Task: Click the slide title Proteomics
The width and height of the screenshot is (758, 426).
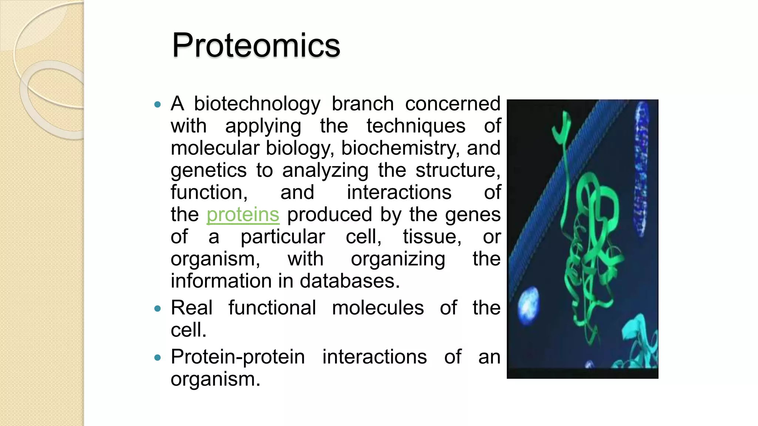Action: point(256,45)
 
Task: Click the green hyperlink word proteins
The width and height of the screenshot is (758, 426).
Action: point(243,215)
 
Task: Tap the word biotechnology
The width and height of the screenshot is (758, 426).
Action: point(257,104)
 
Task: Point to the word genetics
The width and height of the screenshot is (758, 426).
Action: point(208,170)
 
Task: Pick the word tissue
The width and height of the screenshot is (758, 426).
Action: point(432,237)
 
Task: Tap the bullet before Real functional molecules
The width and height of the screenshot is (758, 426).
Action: point(158,308)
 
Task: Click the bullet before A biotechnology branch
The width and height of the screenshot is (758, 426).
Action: point(158,105)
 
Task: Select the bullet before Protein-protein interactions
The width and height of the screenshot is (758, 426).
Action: point(158,358)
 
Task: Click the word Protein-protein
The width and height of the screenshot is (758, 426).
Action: point(238,357)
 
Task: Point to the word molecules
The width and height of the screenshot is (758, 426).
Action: point(378,308)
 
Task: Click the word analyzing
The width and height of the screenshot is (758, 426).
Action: point(325,170)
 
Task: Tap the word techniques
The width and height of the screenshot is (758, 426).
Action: point(416,126)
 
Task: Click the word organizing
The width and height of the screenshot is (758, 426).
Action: point(398,259)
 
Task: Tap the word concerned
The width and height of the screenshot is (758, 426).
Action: point(452,104)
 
